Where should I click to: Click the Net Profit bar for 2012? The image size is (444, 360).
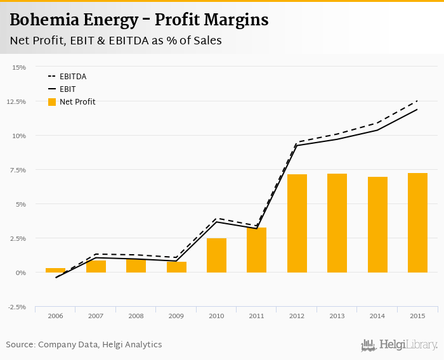(x=297, y=223)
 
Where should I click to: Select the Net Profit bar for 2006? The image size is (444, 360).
(x=56, y=270)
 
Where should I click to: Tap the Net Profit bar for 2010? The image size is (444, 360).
(x=216, y=255)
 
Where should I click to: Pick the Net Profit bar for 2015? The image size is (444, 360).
(x=417, y=222)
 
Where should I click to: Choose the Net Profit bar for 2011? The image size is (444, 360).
(x=257, y=250)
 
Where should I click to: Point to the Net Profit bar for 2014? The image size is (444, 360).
(x=377, y=224)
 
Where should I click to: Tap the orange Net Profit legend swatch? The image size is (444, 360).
(x=52, y=102)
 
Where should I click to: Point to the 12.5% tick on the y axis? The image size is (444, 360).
(x=17, y=101)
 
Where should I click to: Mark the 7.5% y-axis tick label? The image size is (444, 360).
(x=18, y=170)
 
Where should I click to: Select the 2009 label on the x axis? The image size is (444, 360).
(x=176, y=316)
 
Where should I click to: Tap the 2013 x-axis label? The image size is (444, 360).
(x=337, y=316)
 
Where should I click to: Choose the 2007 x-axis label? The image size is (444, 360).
(x=96, y=316)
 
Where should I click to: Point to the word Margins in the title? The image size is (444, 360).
(x=235, y=20)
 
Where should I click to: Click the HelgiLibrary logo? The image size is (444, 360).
(x=399, y=345)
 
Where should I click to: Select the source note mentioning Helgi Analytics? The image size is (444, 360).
(x=84, y=345)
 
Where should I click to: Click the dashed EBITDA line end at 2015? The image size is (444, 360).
(x=417, y=101)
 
